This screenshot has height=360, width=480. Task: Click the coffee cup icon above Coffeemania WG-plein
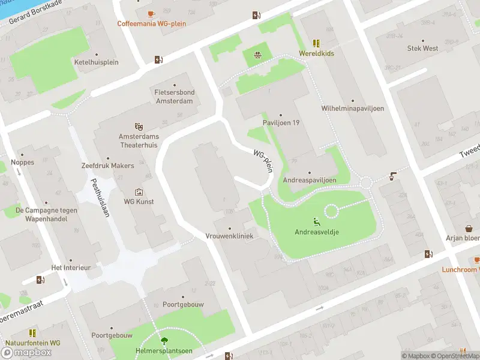coord(151,14)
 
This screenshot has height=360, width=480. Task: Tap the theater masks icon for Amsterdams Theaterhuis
coord(139,127)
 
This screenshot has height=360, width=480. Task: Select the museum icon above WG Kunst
coord(139,192)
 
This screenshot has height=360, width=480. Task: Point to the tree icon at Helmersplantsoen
coord(157,340)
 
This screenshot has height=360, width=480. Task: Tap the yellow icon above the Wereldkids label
coord(316,43)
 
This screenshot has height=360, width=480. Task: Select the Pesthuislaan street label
coord(100,197)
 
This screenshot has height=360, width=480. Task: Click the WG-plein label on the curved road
coord(263,161)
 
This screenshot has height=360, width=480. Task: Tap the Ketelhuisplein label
coord(96,62)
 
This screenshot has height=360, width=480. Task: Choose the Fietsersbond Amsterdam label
coord(174,97)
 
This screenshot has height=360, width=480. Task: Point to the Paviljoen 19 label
coord(281,123)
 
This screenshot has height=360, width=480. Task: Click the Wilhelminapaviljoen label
coord(352,109)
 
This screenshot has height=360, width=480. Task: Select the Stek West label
coord(422,49)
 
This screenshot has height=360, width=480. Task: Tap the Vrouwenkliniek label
coord(229,236)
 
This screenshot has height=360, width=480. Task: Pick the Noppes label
coord(22,163)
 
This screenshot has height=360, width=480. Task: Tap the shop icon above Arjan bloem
coord(469,228)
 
